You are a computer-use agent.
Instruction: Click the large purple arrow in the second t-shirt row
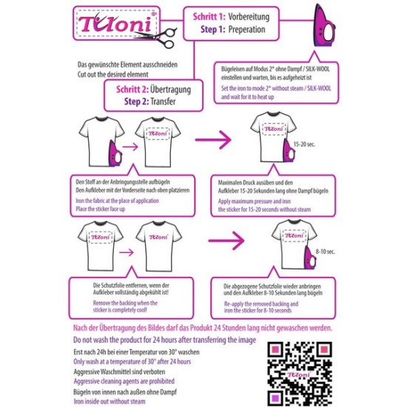pyautogui.click(x=229, y=242)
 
